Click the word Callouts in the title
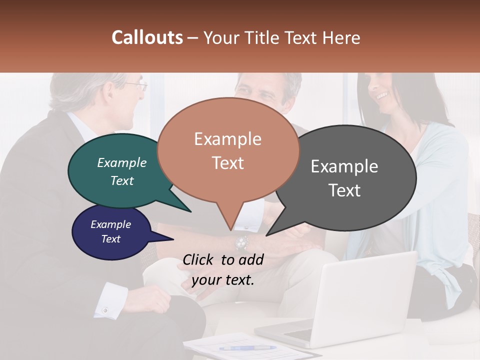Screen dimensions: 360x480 point(147,37)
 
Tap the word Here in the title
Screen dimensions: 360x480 point(342,37)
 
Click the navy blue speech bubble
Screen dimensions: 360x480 point(110,232)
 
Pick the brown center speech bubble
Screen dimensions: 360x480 point(227,150)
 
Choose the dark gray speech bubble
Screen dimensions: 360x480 point(350,177)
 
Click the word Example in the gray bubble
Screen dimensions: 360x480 point(344,166)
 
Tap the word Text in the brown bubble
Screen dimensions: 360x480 point(227,163)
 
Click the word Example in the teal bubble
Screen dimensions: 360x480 point(122,163)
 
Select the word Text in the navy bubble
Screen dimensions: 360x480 point(111,239)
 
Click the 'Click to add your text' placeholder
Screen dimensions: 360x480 point(223,270)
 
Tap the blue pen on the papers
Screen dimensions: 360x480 point(247,347)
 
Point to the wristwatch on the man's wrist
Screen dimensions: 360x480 point(242,242)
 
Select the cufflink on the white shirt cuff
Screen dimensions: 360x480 point(105,310)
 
